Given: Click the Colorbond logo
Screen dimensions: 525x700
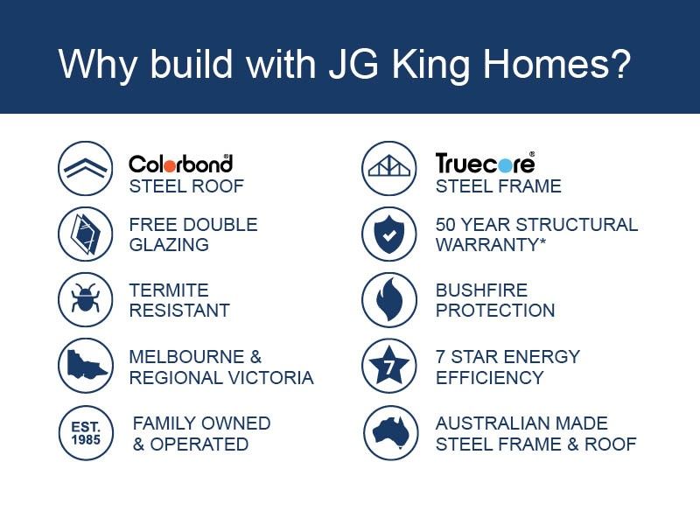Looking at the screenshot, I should (x=180, y=163).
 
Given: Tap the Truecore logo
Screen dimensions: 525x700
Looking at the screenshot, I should (x=485, y=163).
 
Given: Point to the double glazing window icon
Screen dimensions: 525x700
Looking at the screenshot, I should (x=85, y=234).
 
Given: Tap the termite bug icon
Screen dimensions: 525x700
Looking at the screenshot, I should (x=85, y=299).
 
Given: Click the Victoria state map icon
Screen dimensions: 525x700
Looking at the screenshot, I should (x=85, y=365).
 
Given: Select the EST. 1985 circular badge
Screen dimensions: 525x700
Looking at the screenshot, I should (x=85, y=432).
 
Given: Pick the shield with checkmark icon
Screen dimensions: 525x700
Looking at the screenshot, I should (x=389, y=234).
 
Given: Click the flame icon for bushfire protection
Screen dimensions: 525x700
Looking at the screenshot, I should (x=389, y=299).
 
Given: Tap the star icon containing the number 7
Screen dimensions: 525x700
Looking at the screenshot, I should (x=389, y=366).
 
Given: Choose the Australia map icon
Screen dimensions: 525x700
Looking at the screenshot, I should (x=389, y=432).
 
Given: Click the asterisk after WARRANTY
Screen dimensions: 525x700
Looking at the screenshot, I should (x=542, y=242).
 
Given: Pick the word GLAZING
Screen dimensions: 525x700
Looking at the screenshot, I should (x=169, y=245).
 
